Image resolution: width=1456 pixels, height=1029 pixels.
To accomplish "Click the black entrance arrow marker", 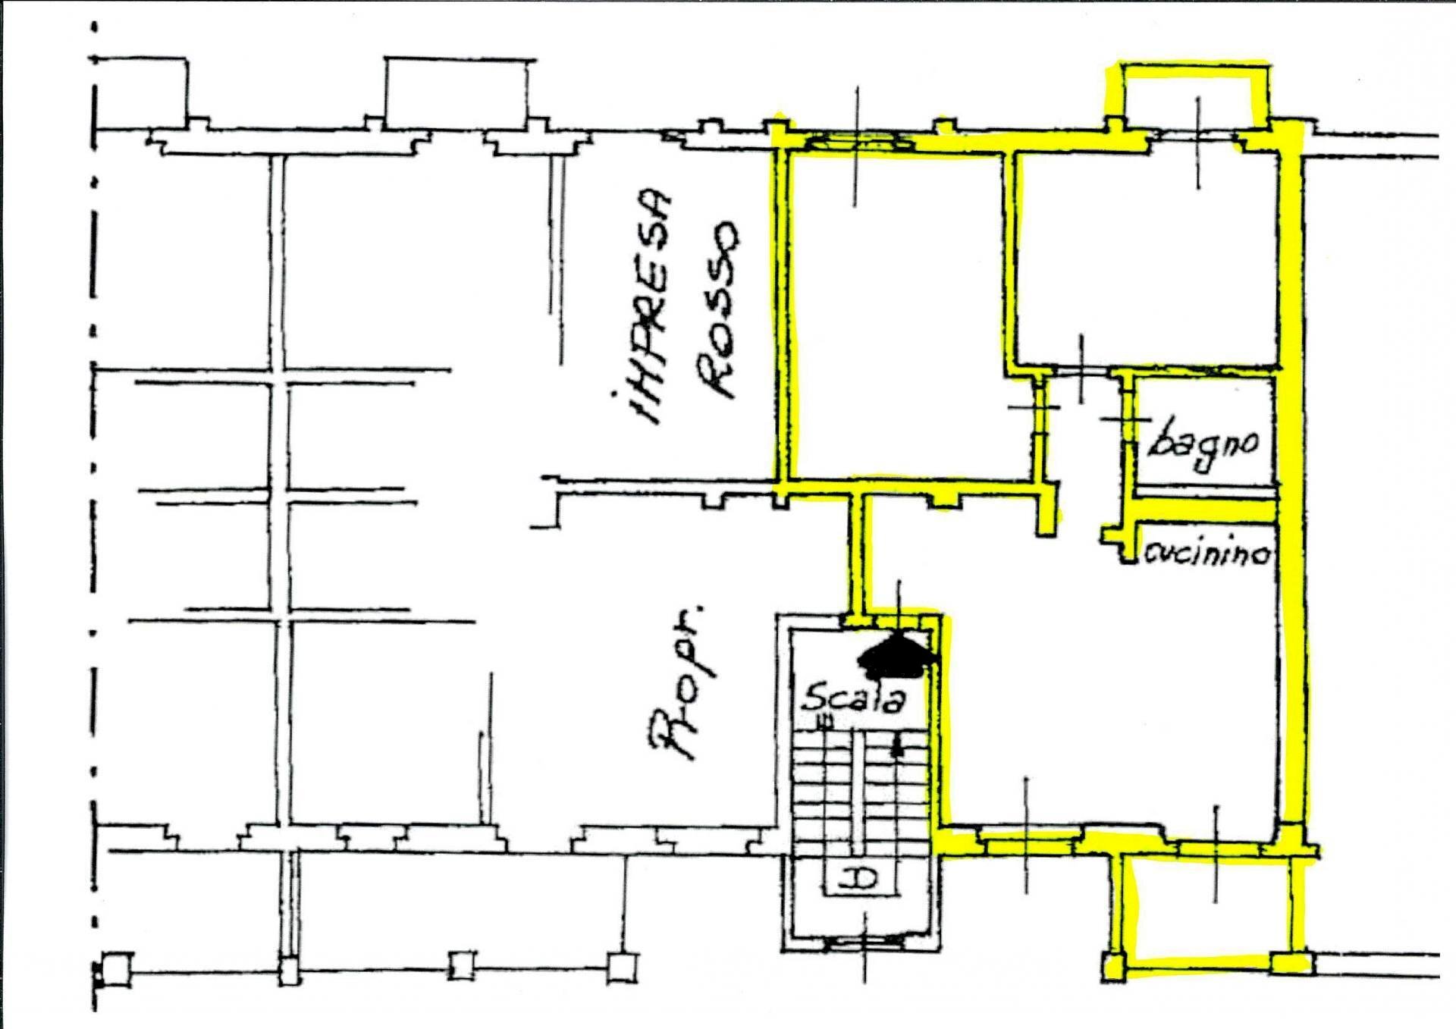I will tap(896, 656).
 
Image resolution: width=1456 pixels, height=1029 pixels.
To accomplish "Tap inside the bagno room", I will tap(1204, 432).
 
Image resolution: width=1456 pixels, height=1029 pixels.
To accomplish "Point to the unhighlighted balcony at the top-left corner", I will tap(140, 91).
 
